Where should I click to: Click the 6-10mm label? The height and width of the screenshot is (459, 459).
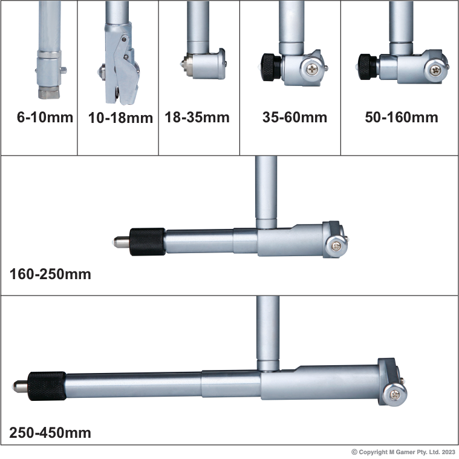coord(45,117)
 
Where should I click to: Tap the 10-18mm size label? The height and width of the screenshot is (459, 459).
coord(120,118)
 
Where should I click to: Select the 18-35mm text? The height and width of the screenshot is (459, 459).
coord(197,117)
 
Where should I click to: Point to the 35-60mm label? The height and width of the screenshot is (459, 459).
coord(295,117)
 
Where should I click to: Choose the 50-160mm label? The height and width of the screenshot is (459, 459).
coord(402,117)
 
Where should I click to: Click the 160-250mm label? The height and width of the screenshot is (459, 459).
coord(50,274)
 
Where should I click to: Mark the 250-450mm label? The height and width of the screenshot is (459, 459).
coord(50,432)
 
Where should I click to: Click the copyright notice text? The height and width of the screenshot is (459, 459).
coord(403,452)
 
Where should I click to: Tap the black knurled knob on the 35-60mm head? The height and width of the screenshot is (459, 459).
coord(272,67)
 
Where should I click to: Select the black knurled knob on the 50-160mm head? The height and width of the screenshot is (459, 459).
coord(368,67)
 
